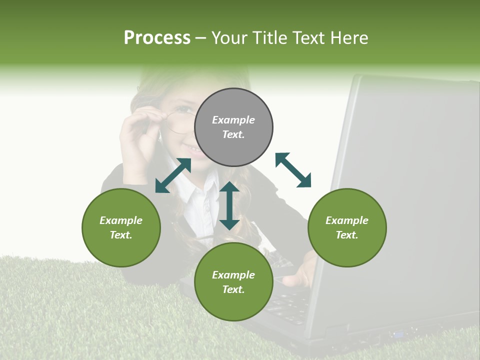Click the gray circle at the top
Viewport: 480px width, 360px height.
click(233, 127)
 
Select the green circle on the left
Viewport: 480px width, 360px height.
click(121, 227)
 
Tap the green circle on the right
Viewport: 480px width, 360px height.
click(347, 227)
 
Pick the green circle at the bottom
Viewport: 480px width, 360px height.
click(233, 282)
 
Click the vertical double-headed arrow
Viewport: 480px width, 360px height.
click(229, 205)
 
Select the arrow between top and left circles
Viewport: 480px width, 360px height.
click(173, 175)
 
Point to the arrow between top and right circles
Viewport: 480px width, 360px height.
click(293, 170)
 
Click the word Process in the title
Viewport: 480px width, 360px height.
click(157, 38)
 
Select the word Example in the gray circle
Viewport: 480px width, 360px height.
click(233, 120)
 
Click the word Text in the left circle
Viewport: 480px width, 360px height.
click(121, 235)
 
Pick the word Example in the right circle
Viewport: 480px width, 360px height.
click(347, 220)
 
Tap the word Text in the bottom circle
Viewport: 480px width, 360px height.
click(233, 289)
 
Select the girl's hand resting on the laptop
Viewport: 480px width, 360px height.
click(300, 272)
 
